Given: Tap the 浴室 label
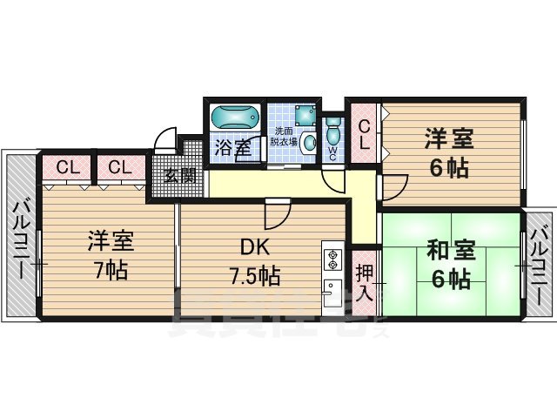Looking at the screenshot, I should [x=232, y=148].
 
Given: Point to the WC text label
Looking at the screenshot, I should [x=332, y=152].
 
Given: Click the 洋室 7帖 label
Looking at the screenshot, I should [x=111, y=255].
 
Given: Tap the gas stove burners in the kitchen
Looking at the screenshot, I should [x=332, y=259].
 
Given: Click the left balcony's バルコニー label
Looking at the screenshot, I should [x=18, y=237].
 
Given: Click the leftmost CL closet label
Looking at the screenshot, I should [x=66, y=166].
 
